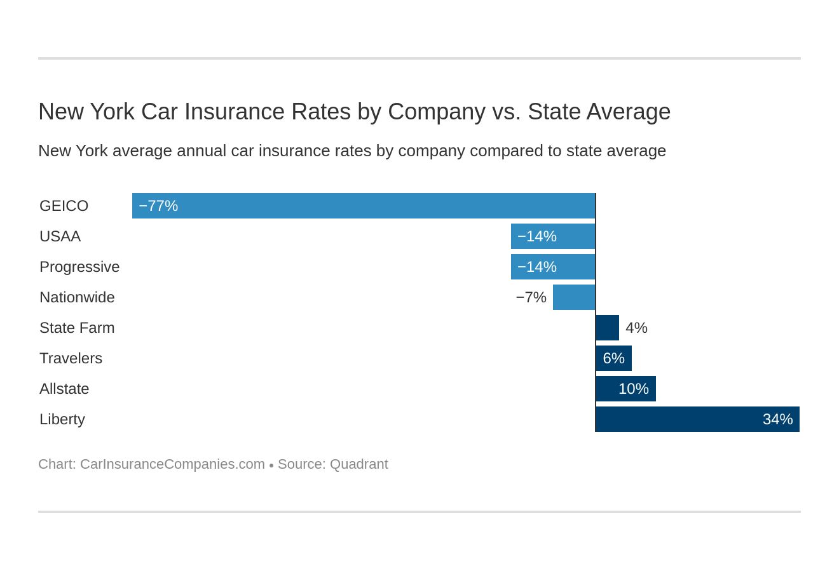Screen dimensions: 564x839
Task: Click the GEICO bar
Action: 364,206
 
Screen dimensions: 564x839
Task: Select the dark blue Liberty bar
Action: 697,419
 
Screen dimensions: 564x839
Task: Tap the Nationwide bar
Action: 574,297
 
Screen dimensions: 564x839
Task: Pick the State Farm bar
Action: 608,328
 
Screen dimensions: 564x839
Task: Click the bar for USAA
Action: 553,236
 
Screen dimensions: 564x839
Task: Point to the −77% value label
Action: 158,206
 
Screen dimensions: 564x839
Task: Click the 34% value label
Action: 777,419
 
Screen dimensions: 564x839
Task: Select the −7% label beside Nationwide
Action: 531,297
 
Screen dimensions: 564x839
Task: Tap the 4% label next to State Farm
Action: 636,328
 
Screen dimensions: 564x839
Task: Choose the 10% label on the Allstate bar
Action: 633,389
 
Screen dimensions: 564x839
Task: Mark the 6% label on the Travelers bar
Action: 613,358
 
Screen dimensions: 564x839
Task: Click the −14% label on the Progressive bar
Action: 537,267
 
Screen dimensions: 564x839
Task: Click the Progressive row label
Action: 79,267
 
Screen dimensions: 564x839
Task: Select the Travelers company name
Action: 71,358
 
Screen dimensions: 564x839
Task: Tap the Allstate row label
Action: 64,389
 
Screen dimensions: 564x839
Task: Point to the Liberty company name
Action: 62,419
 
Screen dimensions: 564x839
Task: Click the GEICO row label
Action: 64,206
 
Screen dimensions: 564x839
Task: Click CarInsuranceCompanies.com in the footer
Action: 172,464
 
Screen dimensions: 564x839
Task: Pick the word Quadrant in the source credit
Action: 358,464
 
